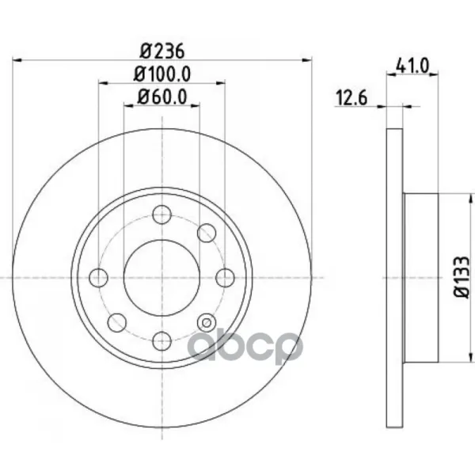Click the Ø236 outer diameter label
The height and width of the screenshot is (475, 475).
[x=161, y=51]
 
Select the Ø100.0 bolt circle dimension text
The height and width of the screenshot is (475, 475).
[x=162, y=74]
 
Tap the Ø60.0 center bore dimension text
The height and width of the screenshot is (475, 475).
[x=162, y=97]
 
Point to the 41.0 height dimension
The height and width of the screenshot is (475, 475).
[x=412, y=66]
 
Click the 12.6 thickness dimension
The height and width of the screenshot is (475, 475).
[x=351, y=98]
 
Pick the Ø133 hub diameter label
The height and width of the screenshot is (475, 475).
[x=462, y=276]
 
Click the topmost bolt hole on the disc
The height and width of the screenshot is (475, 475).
[x=161, y=215]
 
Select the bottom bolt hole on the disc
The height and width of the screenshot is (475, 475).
[x=162, y=340]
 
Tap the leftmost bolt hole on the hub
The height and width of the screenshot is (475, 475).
[x=99, y=278]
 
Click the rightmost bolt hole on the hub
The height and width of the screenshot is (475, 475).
[x=225, y=278]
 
